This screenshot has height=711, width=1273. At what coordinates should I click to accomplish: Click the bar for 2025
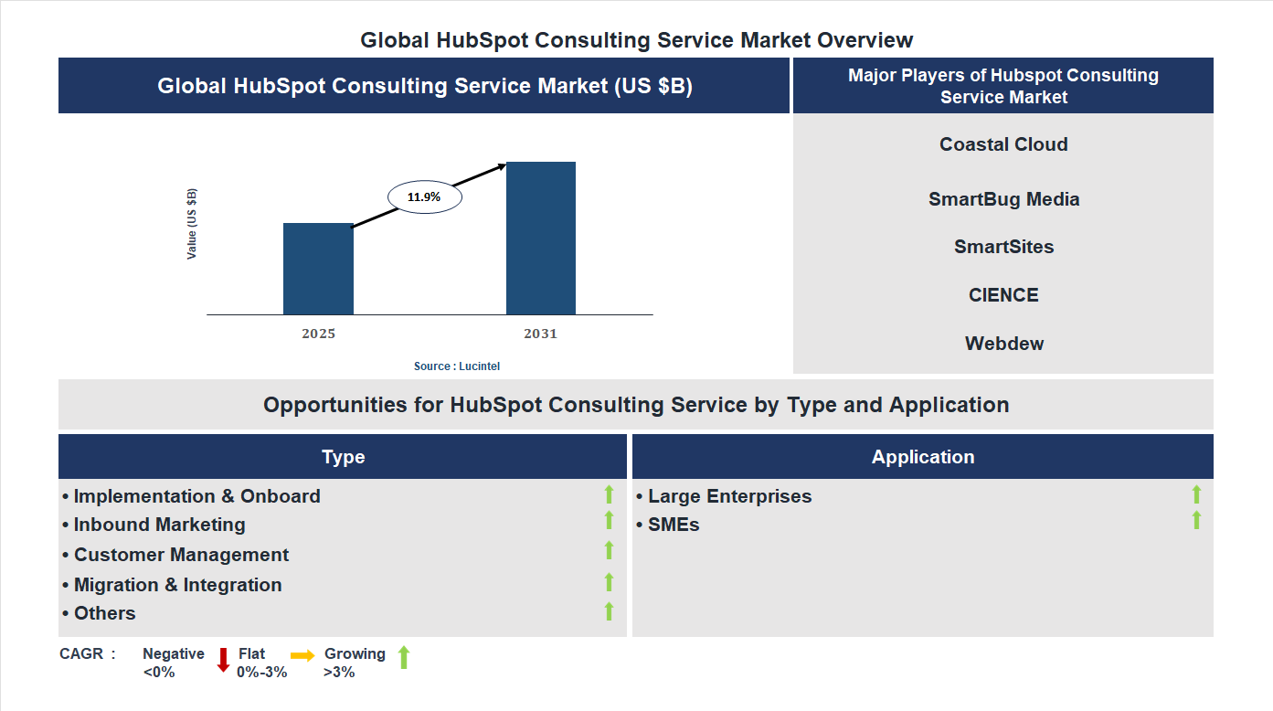[318, 269]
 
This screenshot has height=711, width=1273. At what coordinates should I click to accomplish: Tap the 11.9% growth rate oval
[425, 196]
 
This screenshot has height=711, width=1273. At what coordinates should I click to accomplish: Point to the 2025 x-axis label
[318, 334]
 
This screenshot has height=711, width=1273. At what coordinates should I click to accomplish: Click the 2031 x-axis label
[540, 334]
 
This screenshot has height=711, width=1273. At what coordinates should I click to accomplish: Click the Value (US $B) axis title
[192, 224]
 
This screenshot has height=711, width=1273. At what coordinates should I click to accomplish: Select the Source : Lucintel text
[457, 366]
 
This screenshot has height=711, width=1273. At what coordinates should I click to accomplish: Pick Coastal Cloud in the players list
[1003, 144]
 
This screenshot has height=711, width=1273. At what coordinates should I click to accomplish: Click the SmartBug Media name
[1003, 199]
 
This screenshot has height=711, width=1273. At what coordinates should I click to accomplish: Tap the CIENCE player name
[1003, 295]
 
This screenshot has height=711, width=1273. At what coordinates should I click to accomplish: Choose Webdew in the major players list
[1003, 344]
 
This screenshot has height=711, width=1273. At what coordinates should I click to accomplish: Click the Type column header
[343, 457]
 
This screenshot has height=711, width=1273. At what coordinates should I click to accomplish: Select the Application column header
[922, 457]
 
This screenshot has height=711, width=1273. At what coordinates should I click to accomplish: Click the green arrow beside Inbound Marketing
[609, 521]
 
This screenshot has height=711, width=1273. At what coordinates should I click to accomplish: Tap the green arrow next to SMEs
[1196, 521]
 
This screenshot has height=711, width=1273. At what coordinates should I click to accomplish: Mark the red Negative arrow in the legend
[223, 659]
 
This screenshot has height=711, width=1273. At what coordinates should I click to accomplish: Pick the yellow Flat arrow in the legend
[302, 655]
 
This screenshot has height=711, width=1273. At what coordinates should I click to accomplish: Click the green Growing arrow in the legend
[404, 656]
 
